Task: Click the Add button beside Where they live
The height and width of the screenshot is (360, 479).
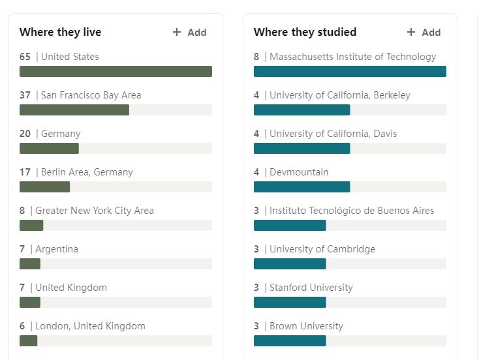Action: [x=190, y=32]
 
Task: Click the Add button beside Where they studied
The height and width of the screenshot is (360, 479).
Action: [x=424, y=32]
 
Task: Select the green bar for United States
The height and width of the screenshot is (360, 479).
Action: [x=116, y=72]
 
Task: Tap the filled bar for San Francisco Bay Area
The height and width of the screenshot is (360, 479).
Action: [x=74, y=110]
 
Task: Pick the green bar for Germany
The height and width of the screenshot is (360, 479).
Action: [x=49, y=149]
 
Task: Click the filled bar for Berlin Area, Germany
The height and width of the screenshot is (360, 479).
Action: [x=44, y=187]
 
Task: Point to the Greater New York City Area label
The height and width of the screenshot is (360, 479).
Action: [x=95, y=211]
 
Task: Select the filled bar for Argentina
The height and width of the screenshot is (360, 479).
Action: [x=30, y=264]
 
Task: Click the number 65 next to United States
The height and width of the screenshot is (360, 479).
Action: [x=25, y=57]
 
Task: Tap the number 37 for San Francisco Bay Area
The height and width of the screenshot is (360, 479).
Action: [x=25, y=95]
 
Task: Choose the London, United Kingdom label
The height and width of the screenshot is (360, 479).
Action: [x=90, y=326]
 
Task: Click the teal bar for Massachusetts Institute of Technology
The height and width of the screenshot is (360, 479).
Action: [x=350, y=72]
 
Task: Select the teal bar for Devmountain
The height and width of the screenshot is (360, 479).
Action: [x=301, y=187]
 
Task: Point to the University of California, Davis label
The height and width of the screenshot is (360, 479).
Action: [x=333, y=134]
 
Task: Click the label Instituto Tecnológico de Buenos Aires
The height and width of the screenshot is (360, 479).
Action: [x=352, y=211]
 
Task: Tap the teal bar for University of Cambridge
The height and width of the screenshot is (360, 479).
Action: [x=290, y=264]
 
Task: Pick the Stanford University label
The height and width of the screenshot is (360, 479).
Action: [x=311, y=288]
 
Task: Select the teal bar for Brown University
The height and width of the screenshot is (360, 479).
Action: [x=290, y=341]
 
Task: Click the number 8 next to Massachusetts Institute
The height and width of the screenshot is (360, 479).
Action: [x=256, y=57]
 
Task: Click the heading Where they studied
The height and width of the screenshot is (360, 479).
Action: [x=305, y=32]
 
